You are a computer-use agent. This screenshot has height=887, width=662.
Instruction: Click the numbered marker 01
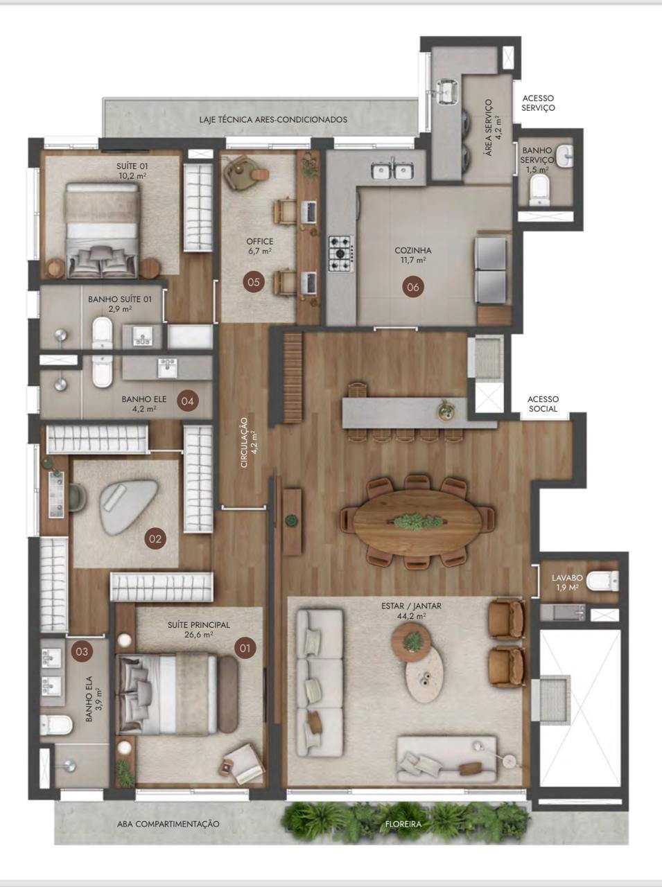245,648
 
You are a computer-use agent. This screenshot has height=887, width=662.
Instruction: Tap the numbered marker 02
155,538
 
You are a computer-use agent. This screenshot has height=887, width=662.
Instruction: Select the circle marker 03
82,651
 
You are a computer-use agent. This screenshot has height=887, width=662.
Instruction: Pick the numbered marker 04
188,401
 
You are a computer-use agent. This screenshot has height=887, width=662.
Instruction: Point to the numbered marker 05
254,281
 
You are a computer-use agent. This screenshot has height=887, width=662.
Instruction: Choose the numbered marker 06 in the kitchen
413,287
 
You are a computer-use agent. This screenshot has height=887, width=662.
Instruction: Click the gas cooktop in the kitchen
341,254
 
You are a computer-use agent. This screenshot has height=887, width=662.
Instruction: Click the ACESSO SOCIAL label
543,404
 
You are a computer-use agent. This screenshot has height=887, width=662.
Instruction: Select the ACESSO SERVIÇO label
538,103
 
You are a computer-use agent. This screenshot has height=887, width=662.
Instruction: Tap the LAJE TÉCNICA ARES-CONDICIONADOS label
273,120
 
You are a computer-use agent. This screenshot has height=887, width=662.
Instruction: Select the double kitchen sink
392,170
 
